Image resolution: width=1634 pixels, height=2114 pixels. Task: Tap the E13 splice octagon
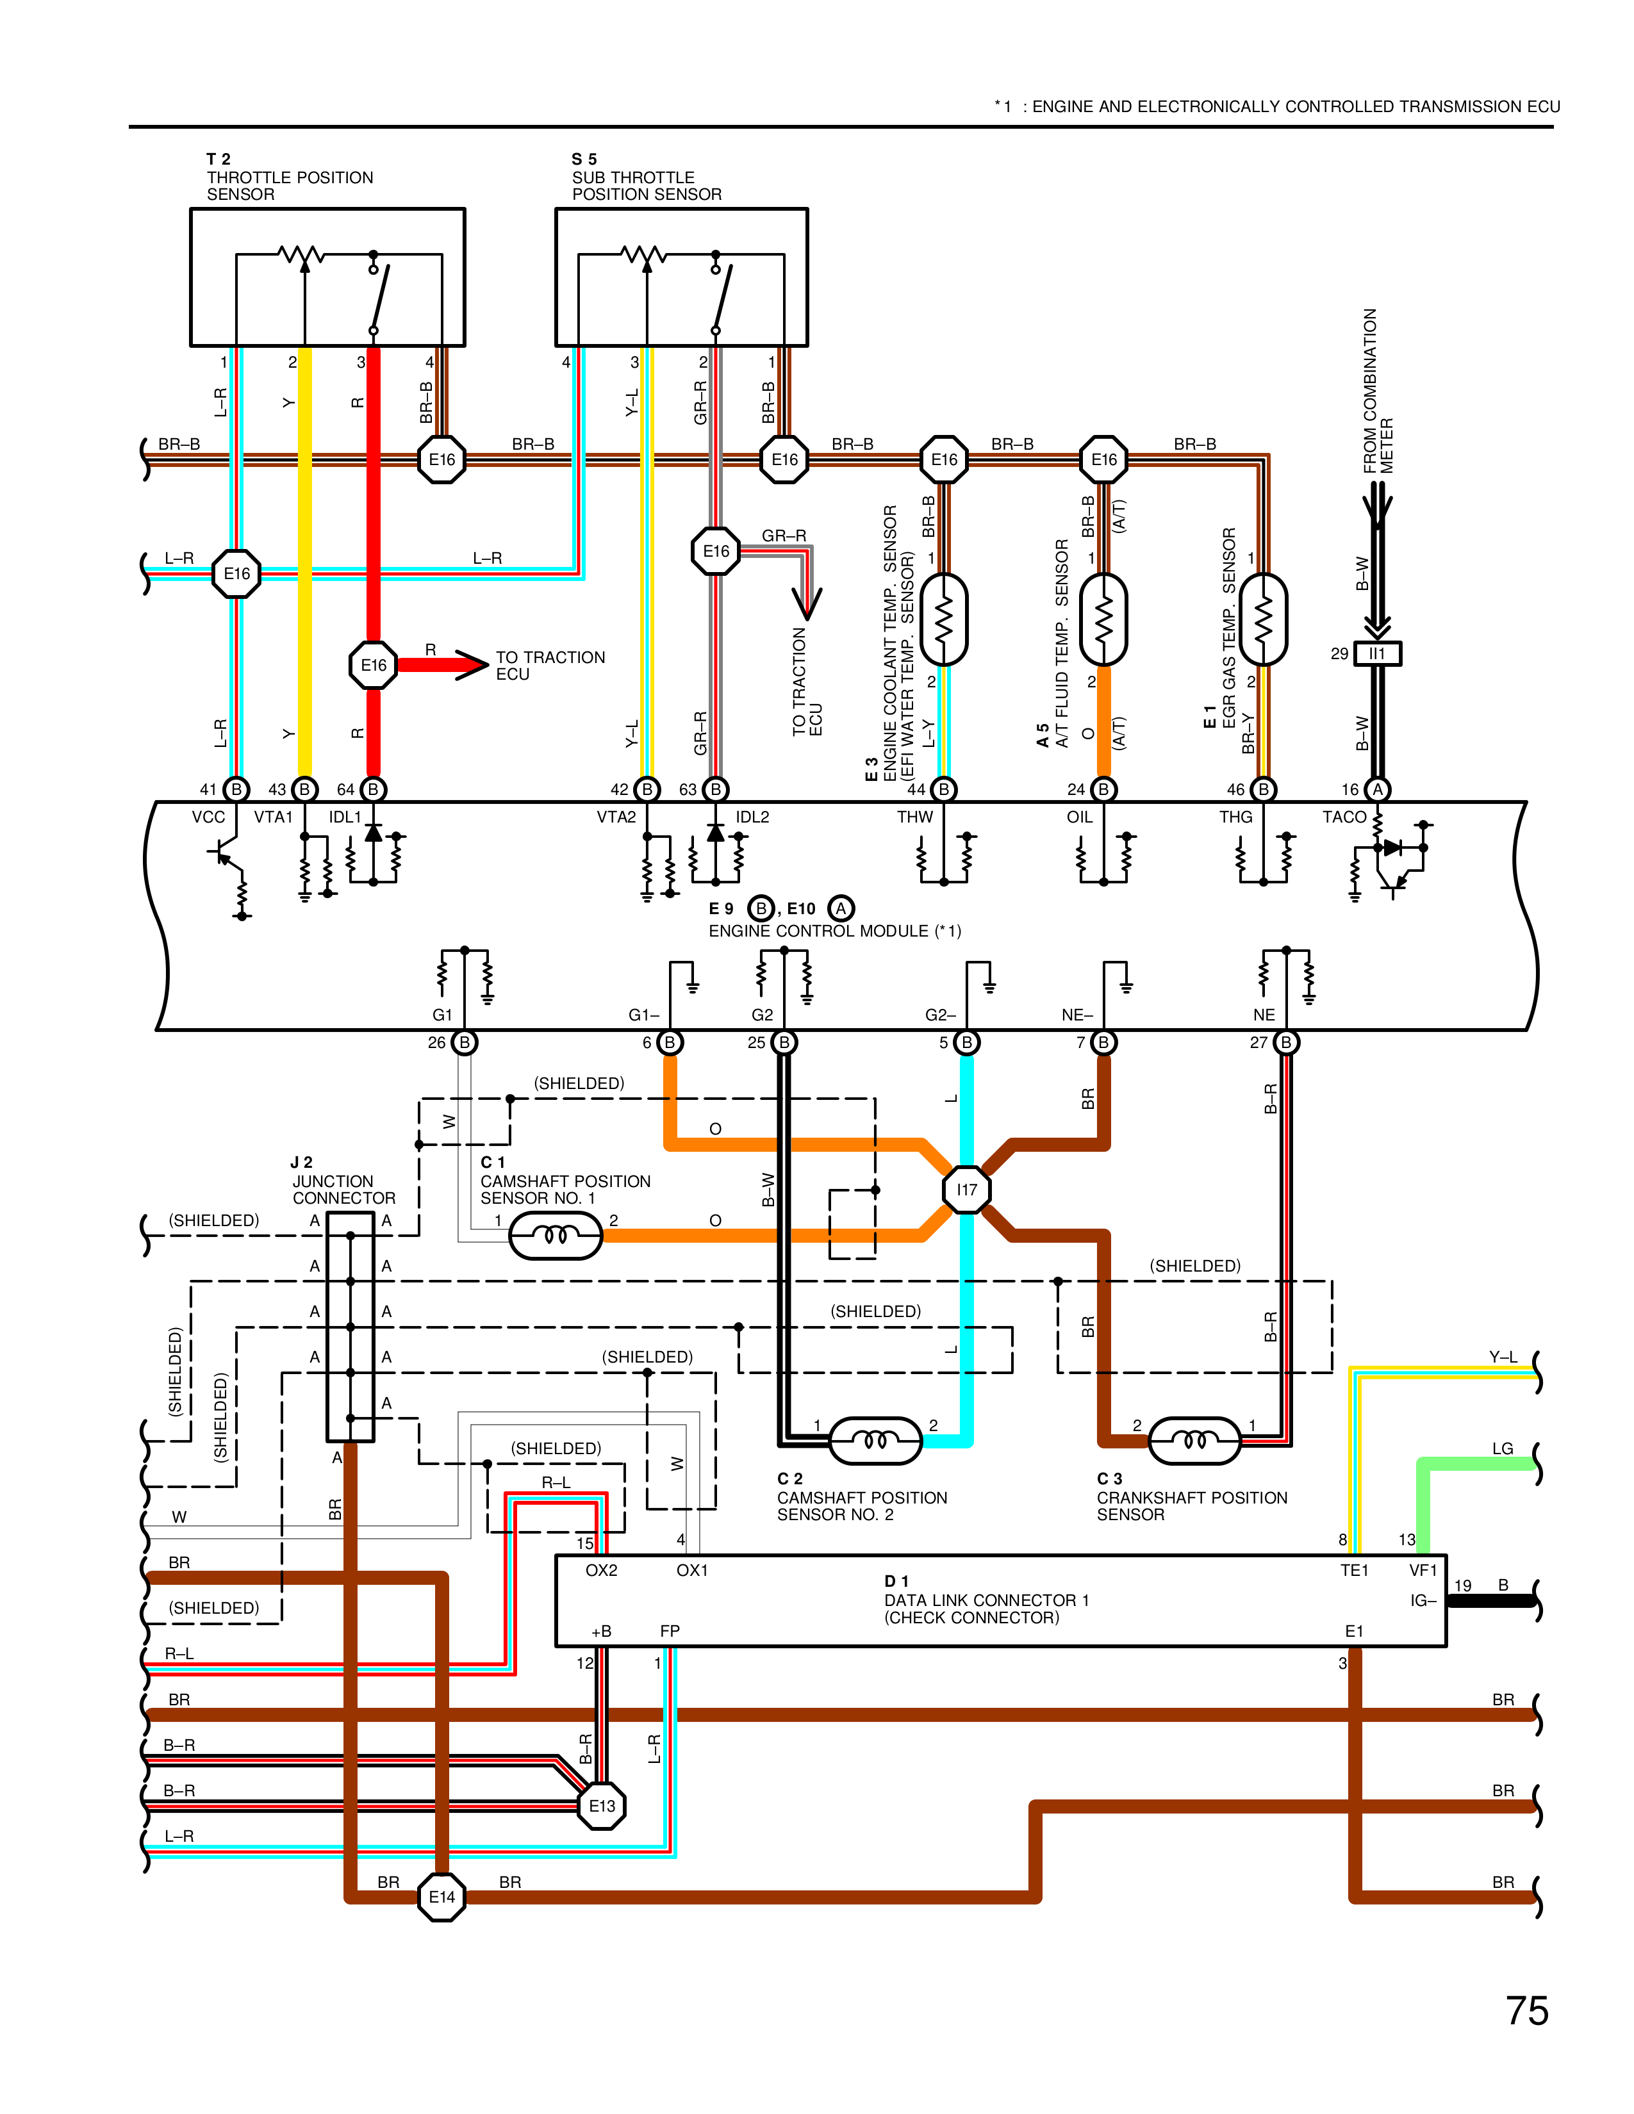point(601,1805)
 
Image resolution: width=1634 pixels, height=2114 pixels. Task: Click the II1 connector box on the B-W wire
point(1376,653)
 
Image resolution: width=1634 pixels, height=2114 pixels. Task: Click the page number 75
point(1526,2010)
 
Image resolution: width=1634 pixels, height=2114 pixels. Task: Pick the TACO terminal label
point(1344,817)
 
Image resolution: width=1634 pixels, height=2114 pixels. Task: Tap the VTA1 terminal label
point(273,817)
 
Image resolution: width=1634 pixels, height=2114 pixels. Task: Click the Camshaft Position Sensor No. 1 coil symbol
point(556,1235)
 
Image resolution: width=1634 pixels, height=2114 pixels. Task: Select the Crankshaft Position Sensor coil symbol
point(1194,1440)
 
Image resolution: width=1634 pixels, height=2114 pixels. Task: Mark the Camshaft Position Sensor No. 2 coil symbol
point(875,1440)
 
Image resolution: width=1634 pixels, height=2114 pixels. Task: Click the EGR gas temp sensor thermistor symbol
point(1262,619)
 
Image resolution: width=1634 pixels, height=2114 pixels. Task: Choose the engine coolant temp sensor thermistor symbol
point(944,619)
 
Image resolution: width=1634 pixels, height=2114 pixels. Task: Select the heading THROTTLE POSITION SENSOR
point(290,177)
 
